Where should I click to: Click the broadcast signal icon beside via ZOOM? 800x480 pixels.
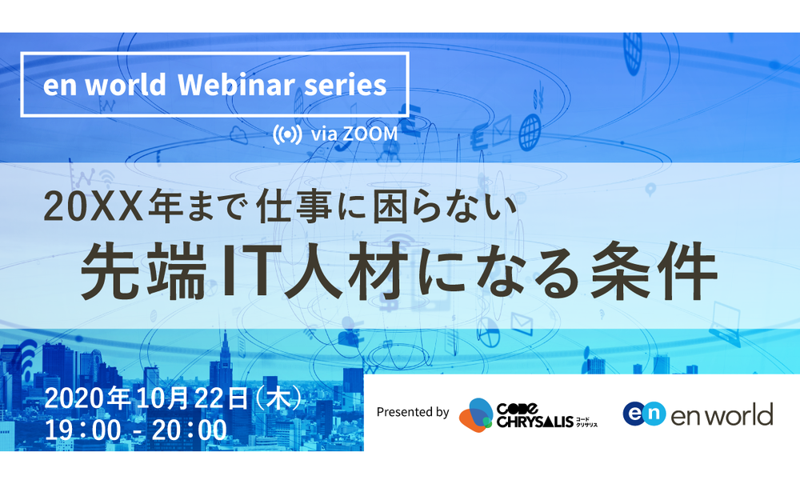[287, 134]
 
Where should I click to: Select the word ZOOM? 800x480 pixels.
[370, 134]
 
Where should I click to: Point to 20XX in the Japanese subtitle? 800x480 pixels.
[94, 207]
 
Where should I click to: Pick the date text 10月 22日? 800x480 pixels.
[192, 398]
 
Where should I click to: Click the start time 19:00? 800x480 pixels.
[83, 430]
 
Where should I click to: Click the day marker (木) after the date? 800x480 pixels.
[279, 398]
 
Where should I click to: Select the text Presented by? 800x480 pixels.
[413, 412]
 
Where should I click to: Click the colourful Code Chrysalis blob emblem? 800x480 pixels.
[475, 414]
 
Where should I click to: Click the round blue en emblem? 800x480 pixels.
[644, 413]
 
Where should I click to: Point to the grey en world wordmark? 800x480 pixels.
[722, 414]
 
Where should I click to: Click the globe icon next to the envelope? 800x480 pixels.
[530, 133]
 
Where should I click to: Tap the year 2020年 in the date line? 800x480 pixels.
[87, 398]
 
